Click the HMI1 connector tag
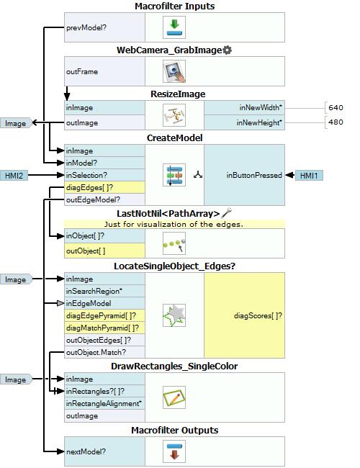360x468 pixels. pyautogui.click(x=309, y=176)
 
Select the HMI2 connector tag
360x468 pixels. pyautogui.click(x=14, y=175)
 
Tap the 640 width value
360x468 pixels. pyautogui.click(x=336, y=107)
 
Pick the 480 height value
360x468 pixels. pyautogui.click(x=336, y=122)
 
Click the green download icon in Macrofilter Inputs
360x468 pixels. pyautogui.click(x=174, y=27)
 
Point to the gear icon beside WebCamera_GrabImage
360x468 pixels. pyautogui.click(x=228, y=50)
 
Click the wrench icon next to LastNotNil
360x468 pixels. pyautogui.click(x=227, y=213)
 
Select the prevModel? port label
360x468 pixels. pyautogui.click(x=86, y=27)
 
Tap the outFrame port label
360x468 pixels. pyautogui.click(x=82, y=71)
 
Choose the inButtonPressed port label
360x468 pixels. pyautogui.click(x=254, y=175)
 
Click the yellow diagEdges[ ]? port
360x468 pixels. pyautogui.click(x=105, y=187)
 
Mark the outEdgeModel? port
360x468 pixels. pyautogui.click(x=105, y=199)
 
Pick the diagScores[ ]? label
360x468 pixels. pyautogui.click(x=258, y=315)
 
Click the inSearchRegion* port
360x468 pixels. pyautogui.click(x=105, y=291)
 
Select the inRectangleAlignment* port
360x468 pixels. pyautogui.click(x=105, y=403)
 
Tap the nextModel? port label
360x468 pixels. pyautogui.click(x=86, y=451)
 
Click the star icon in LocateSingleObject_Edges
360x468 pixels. pyautogui.click(x=174, y=315)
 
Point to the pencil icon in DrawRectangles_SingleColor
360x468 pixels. pyautogui.click(x=174, y=397)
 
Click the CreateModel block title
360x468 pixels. pyautogui.click(x=175, y=138)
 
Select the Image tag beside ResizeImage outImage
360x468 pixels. pyautogui.click(x=16, y=123)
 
